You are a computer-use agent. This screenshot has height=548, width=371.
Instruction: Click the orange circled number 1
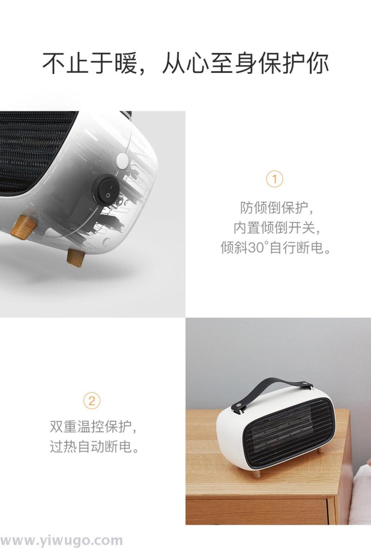(x=274, y=179)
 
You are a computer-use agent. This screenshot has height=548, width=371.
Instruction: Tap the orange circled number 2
(x=91, y=400)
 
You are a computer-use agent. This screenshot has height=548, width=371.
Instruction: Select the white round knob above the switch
(x=122, y=160)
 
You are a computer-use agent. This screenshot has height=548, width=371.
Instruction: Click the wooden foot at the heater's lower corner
(x=76, y=257)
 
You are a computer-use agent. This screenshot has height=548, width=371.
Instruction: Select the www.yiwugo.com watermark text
(x=62, y=540)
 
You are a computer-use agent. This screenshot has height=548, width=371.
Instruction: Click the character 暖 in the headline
(x=125, y=64)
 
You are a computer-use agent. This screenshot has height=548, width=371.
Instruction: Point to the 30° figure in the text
(x=258, y=248)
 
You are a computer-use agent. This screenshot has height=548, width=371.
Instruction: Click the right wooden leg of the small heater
(x=320, y=450)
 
